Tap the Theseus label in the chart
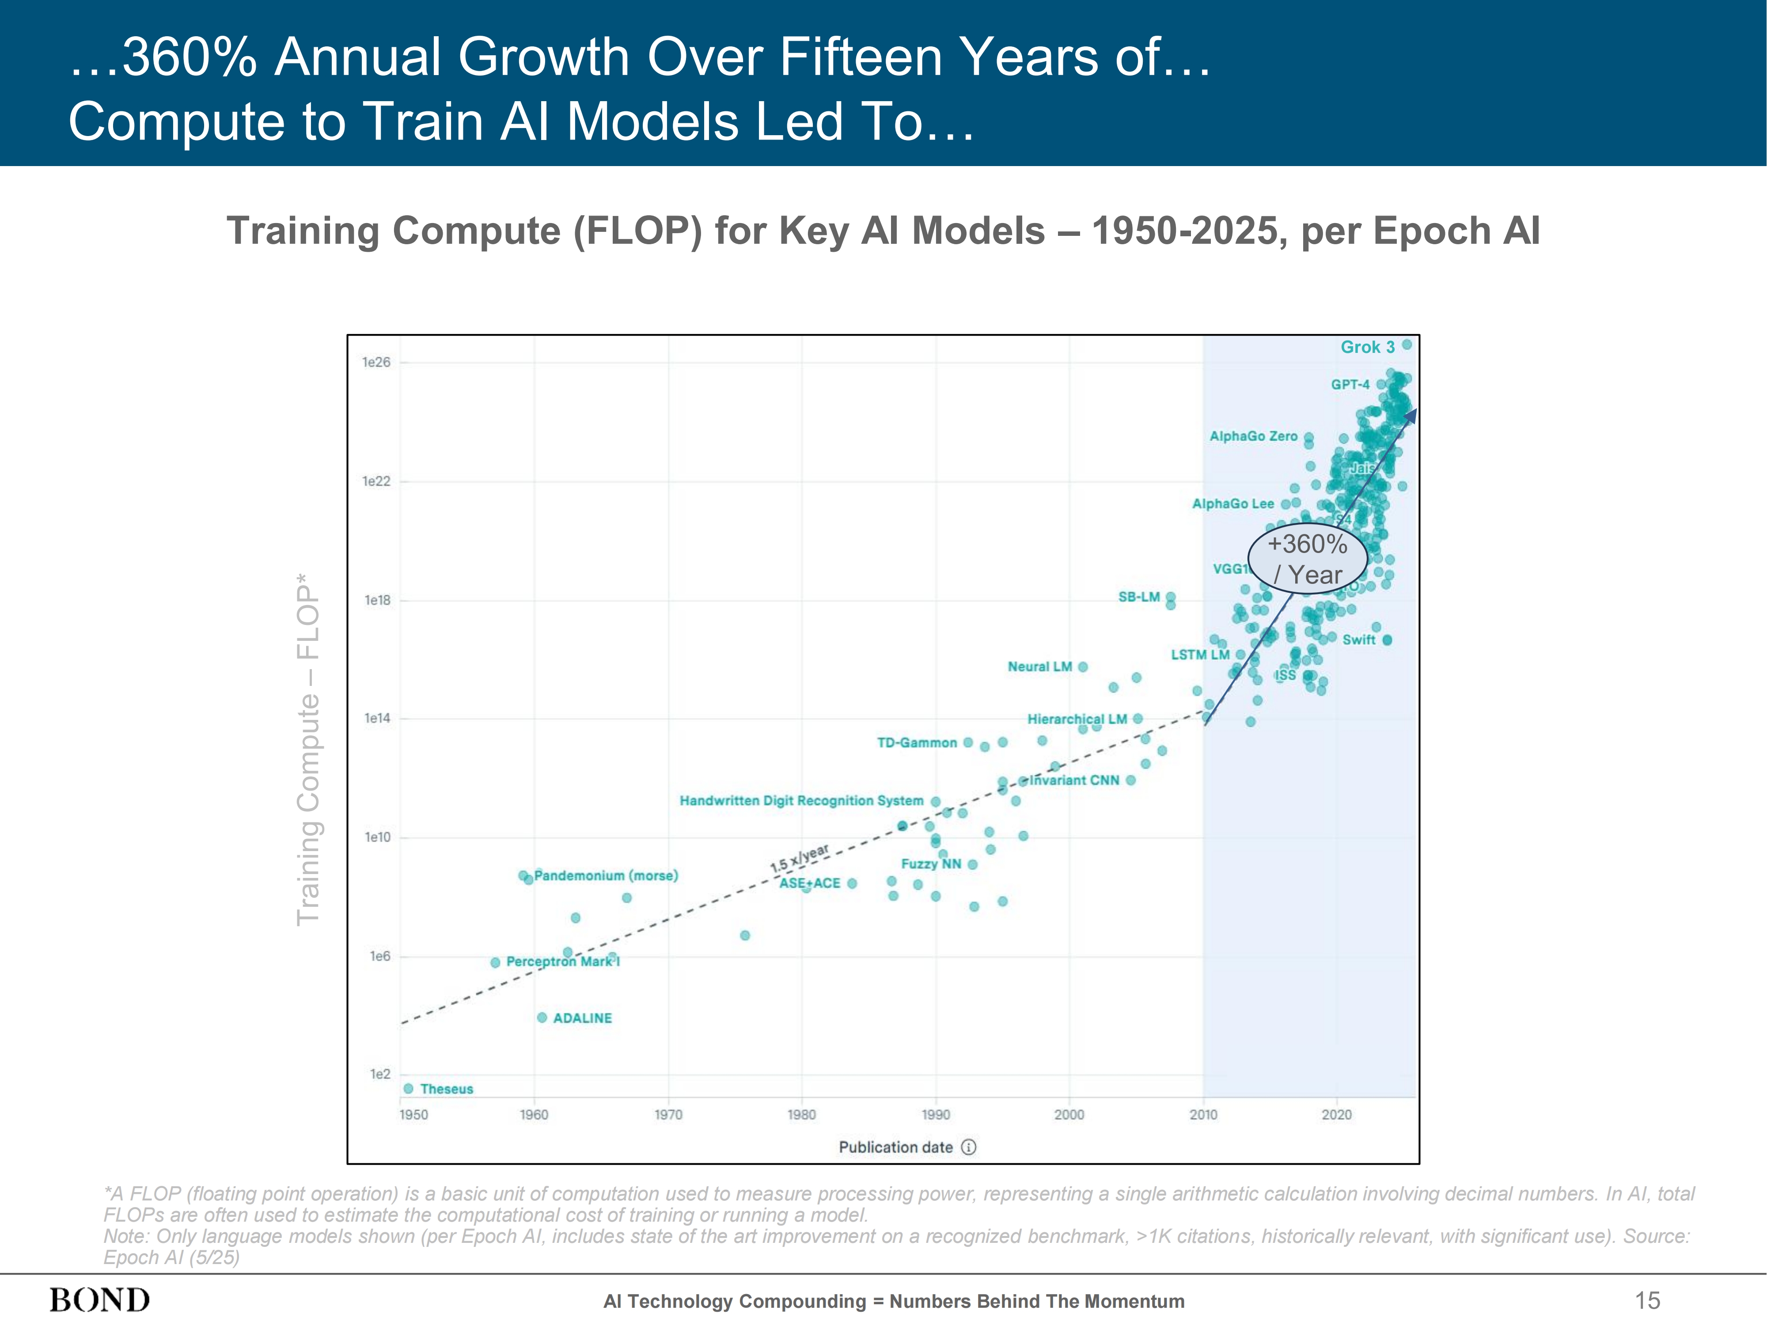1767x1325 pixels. coord(447,1090)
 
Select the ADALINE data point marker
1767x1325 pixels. coord(542,1018)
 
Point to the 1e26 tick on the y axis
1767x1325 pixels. coord(376,363)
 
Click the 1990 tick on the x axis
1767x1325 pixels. coord(936,1115)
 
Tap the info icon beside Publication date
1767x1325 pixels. coord(969,1148)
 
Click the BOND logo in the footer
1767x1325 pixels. coord(100,1300)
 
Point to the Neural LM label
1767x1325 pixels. coord(1039,667)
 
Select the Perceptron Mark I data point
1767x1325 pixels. coord(495,962)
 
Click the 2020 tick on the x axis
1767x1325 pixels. coord(1336,1115)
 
